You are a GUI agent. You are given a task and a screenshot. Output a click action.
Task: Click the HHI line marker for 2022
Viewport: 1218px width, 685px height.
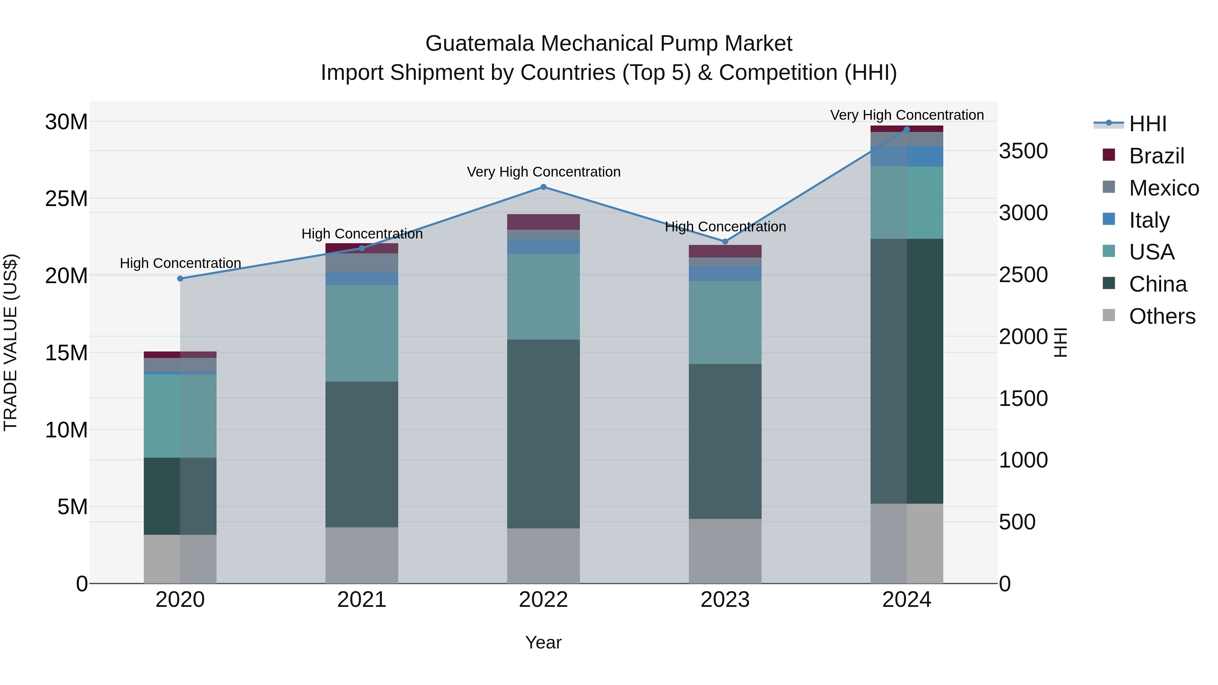click(543, 187)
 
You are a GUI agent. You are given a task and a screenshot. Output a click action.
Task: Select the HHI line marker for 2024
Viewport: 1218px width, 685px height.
click(906, 130)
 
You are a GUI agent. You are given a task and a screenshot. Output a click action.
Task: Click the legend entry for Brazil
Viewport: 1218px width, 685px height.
click(1156, 156)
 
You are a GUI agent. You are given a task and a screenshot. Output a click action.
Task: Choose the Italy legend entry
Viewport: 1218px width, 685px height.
click(1149, 220)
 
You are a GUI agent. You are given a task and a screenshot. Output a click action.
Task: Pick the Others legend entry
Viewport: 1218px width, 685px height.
click(1162, 316)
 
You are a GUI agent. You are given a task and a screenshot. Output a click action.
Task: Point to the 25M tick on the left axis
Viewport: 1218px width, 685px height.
click(66, 199)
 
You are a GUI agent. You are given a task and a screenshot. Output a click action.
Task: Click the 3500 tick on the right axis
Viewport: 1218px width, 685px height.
click(1023, 151)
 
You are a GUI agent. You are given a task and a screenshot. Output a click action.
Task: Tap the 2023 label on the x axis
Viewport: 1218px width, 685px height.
click(725, 600)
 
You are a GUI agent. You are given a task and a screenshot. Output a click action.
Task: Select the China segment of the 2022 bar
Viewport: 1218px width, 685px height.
click(543, 434)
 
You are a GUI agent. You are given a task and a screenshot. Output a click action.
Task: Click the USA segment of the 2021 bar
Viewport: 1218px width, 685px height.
click(362, 333)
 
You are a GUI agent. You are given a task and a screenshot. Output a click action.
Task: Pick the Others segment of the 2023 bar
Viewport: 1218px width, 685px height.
click(725, 551)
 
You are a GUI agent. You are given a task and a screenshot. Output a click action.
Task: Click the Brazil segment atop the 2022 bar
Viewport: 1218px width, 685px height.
click(543, 222)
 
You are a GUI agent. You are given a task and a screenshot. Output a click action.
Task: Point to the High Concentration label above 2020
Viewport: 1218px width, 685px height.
click(180, 263)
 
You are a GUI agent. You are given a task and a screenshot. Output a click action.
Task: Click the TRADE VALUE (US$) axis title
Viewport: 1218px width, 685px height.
click(10, 342)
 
